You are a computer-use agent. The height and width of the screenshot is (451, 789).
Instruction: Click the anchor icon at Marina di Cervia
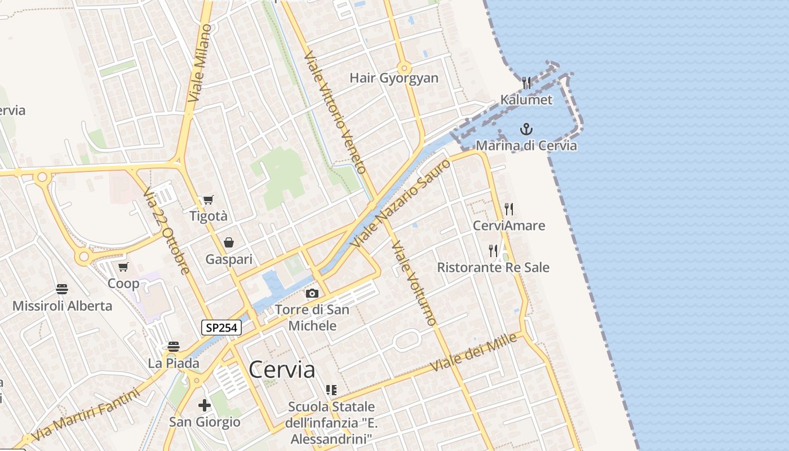[526, 129]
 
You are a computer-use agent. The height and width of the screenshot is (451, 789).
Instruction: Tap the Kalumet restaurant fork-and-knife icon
[526, 83]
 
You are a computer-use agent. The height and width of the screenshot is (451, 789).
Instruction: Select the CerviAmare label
[509, 225]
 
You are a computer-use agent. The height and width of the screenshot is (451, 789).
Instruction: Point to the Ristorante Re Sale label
[493, 267]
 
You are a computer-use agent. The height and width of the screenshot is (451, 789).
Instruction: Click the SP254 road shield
[221, 328]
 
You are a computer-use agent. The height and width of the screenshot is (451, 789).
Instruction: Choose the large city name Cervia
[282, 370]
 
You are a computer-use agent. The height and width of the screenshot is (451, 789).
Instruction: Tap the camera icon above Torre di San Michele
[312, 293]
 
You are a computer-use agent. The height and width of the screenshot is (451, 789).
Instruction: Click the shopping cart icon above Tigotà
[208, 200]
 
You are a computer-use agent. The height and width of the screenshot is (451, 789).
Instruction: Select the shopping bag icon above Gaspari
[229, 242]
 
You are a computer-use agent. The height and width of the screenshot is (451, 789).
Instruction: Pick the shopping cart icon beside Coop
[123, 266]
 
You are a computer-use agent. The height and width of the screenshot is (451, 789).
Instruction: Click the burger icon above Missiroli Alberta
[62, 289]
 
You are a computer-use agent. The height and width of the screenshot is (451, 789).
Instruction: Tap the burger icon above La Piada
[174, 346]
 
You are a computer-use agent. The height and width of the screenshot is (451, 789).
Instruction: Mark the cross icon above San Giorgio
[205, 405]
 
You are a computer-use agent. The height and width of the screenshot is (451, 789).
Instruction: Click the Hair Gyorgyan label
[394, 78]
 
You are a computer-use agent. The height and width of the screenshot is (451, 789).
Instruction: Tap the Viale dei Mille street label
[473, 353]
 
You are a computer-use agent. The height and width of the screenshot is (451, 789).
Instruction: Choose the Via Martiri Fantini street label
[86, 415]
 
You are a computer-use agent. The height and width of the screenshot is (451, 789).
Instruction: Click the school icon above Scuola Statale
[331, 390]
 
